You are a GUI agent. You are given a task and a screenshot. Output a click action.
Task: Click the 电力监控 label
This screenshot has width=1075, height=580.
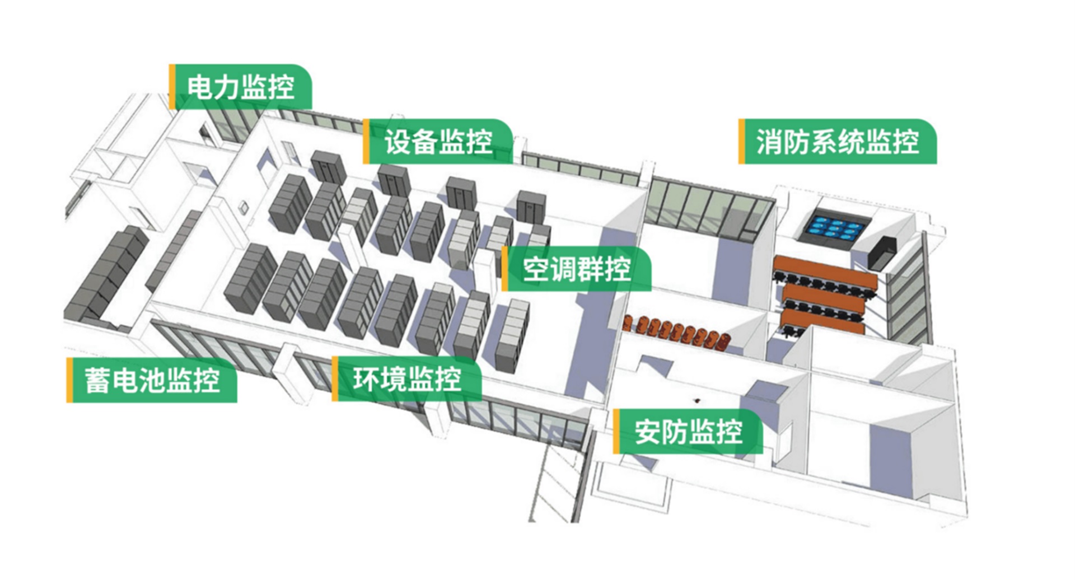click(241, 87)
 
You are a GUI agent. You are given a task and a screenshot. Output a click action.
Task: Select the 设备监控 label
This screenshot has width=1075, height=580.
click(438, 141)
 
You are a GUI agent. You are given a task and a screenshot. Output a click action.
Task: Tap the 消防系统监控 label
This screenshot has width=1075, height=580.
click(838, 141)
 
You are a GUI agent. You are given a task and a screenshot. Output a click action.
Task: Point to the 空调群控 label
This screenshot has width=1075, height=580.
click(577, 269)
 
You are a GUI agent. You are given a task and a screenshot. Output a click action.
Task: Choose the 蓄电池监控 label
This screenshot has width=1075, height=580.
click(152, 380)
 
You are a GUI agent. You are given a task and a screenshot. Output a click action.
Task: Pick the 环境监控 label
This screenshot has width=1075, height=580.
click(407, 379)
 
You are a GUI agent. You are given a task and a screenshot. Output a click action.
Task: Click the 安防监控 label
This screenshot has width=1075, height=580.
click(688, 432)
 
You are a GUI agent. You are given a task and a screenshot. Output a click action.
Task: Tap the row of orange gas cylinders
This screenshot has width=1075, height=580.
click(677, 331)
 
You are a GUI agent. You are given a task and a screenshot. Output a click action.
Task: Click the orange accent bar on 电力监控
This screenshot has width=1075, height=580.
click(172, 87)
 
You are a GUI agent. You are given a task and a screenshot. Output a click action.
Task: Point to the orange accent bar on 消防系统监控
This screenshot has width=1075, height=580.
click(742, 141)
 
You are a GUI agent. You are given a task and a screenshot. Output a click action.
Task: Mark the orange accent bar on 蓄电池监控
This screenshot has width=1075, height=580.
click(69, 380)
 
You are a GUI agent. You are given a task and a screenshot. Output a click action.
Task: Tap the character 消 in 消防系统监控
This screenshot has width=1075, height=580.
click(770, 141)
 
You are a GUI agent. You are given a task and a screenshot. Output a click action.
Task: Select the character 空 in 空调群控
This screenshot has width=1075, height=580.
click(536, 269)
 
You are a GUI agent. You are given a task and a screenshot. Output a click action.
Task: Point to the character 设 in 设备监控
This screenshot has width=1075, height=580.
click(398, 141)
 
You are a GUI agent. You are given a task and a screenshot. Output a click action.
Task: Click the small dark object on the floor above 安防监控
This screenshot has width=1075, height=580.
click(697, 400)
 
